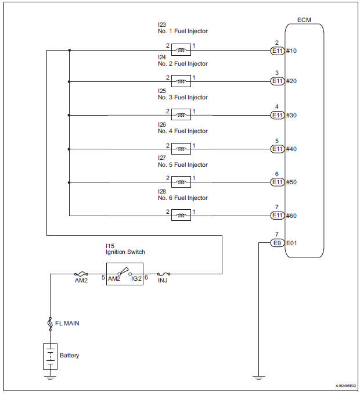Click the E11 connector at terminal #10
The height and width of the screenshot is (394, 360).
click(x=278, y=51)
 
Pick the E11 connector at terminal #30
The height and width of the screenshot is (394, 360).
click(x=278, y=115)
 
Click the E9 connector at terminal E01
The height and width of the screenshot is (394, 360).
click(x=278, y=243)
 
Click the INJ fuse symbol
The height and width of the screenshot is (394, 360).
click(x=163, y=273)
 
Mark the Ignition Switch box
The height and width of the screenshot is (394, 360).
click(x=124, y=274)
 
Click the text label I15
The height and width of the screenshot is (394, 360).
click(x=104, y=245)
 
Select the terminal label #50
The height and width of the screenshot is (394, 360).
click(x=292, y=182)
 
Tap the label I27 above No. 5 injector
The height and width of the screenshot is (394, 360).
click(x=162, y=157)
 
